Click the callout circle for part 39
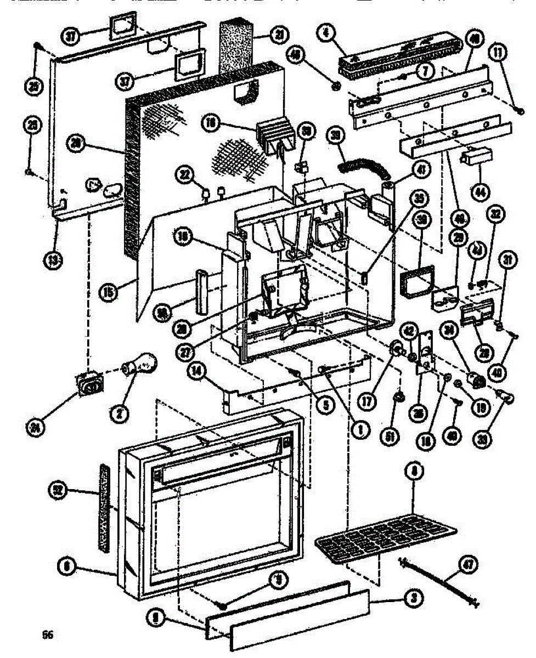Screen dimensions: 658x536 coord(336,135)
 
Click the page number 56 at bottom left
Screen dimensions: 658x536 coord(48,636)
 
